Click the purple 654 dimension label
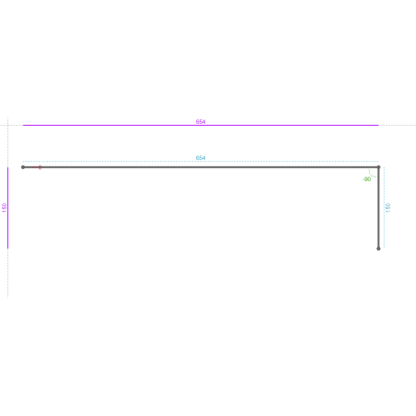coord(201,122)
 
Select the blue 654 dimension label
coord(201,158)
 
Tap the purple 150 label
coord(4,207)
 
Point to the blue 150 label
coord(388,207)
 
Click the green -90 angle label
coord(366,179)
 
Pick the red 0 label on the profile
coord(40,167)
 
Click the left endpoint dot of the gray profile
coord(23,167)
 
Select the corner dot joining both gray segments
coord(378,167)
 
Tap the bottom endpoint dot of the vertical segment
coord(378,249)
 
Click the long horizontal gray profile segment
coord(201,167)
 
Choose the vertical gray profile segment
coord(378,208)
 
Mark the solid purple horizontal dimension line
coord(201,125)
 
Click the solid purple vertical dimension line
coord(7,208)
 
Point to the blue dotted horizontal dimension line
coord(201,161)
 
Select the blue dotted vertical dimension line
coord(385,208)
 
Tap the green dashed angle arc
coord(372,175)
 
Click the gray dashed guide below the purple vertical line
coord(7,273)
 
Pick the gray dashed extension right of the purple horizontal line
coord(398,125)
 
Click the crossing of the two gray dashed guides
coord(7,125)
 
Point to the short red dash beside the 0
coord(34,167)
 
